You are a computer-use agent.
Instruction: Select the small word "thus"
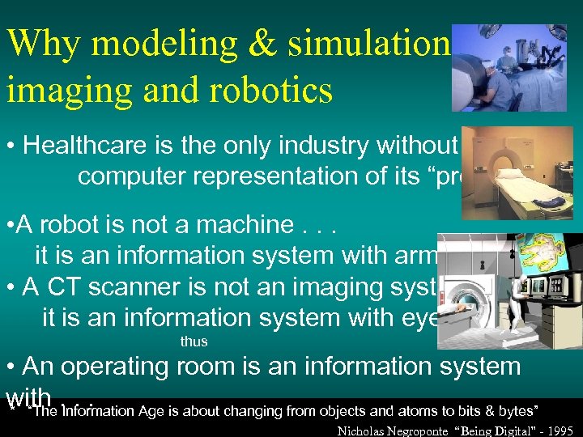pyautogui.click(x=194, y=342)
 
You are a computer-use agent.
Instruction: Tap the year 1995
pyautogui.click(x=559, y=429)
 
